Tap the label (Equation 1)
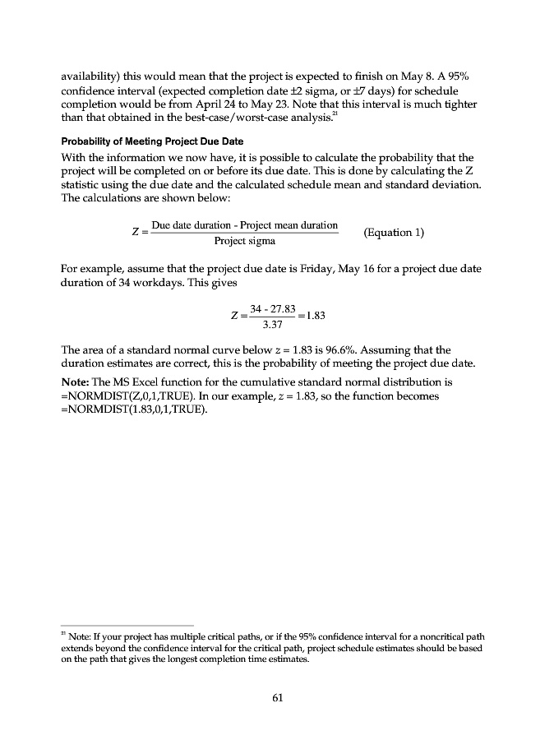pos(394,232)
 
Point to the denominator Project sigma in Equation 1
pos(244,241)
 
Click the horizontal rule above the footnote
pos(127,625)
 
